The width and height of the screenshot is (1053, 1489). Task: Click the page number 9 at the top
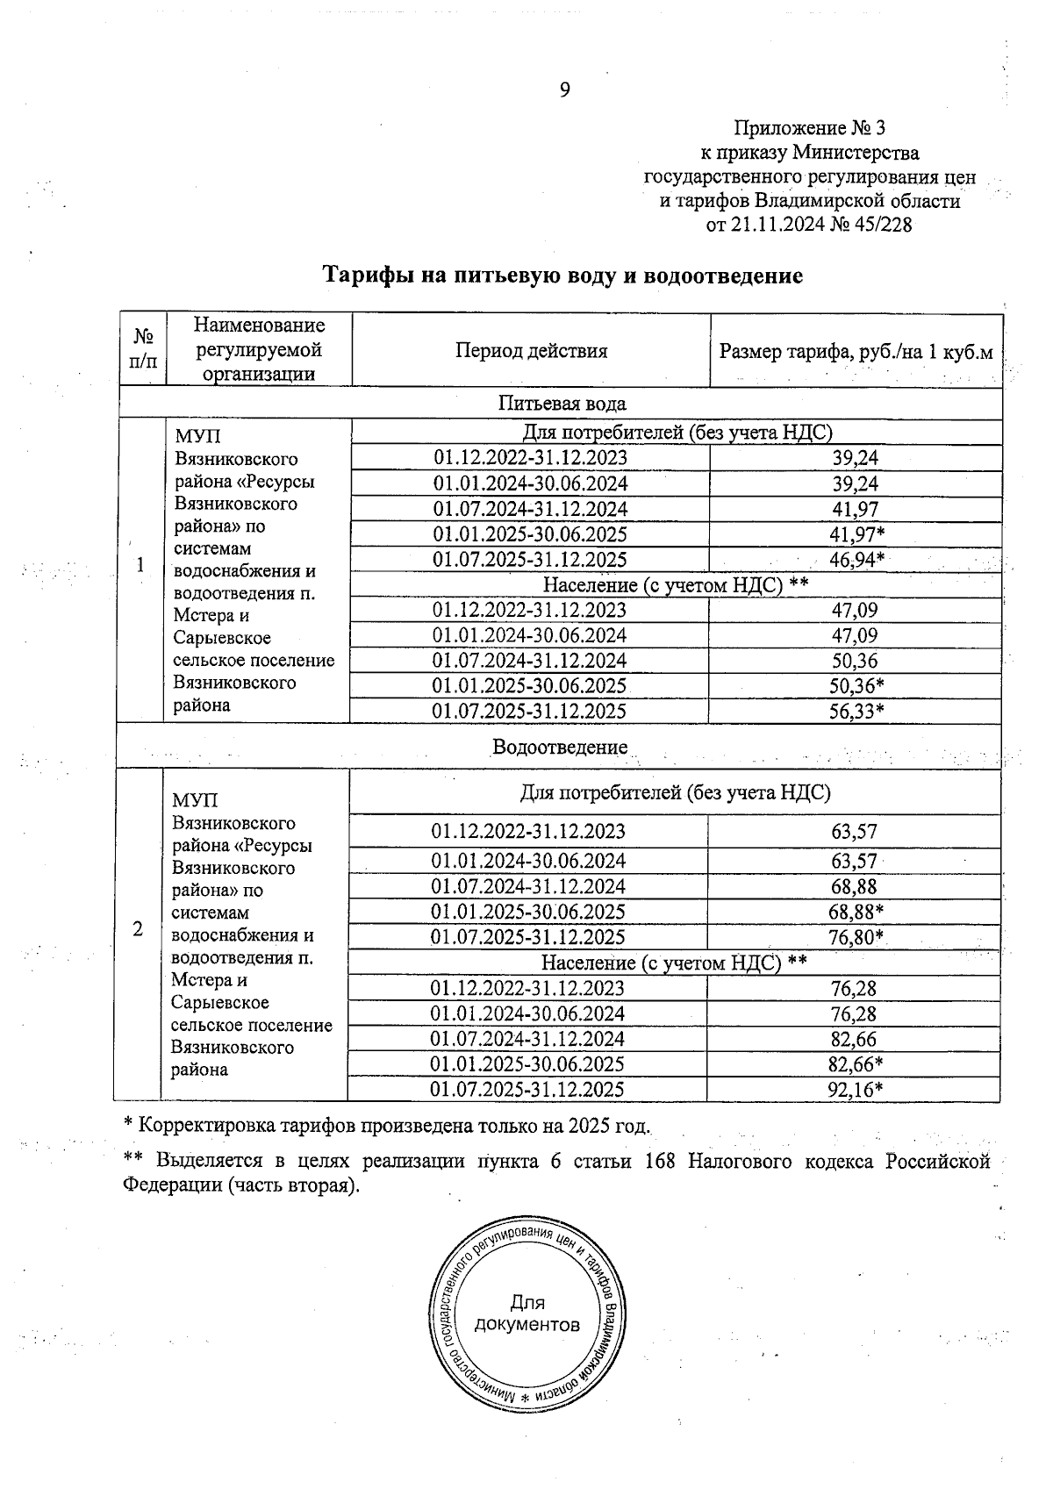click(x=564, y=89)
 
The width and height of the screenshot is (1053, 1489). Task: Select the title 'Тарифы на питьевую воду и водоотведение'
click(x=563, y=276)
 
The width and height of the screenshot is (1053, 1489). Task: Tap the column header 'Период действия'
click(x=531, y=352)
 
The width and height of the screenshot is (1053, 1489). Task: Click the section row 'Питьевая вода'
click(x=562, y=404)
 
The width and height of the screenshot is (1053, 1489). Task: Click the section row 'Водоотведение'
click(x=560, y=748)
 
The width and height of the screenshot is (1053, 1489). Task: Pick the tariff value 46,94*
click(x=856, y=560)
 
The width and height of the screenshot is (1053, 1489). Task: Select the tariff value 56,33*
click(x=856, y=712)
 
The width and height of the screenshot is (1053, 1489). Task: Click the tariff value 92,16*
click(x=856, y=1090)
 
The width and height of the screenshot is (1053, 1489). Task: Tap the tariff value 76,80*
click(x=856, y=937)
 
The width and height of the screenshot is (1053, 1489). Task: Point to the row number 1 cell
click(x=140, y=566)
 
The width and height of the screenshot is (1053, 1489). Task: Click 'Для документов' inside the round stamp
click(x=526, y=1314)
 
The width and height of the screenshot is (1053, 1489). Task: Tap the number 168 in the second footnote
click(x=658, y=1162)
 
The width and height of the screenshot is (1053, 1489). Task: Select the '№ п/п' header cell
click(x=142, y=349)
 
